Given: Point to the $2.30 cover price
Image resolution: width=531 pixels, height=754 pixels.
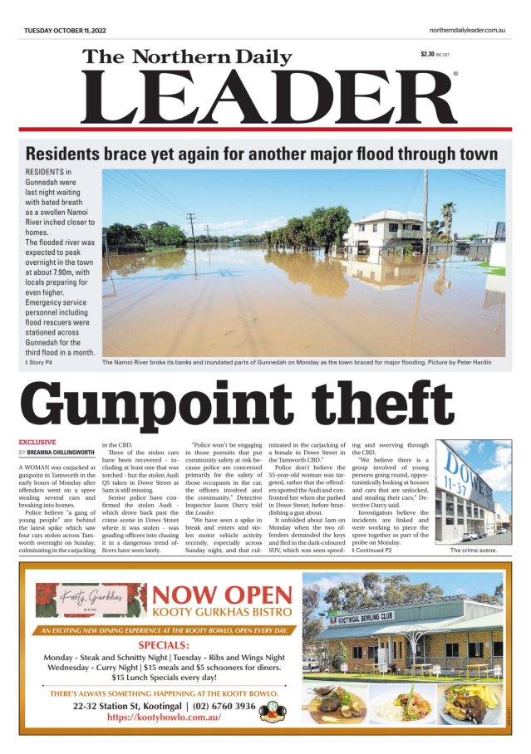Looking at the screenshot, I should [429, 54].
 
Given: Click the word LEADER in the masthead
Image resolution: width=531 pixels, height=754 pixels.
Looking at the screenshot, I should [268, 96].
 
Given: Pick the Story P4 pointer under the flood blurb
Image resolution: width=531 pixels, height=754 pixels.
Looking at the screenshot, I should [39, 362].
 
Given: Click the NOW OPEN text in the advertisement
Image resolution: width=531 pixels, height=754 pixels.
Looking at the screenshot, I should [223, 595].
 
